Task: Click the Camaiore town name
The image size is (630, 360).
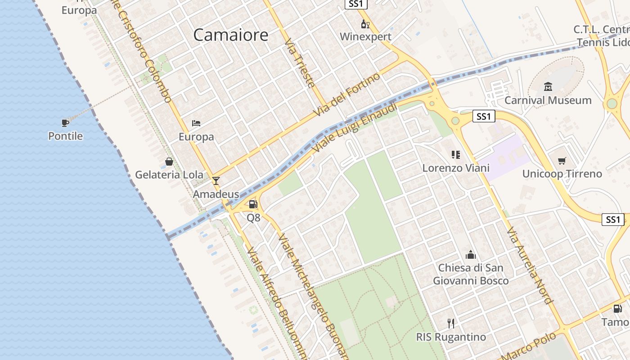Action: (x=230, y=35)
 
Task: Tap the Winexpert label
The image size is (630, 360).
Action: (x=365, y=36)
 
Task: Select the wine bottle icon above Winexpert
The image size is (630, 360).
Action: (x=365, y=24)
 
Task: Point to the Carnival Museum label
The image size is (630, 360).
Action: (x=548, y=100)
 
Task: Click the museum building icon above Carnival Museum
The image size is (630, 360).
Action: (x=548, y=86)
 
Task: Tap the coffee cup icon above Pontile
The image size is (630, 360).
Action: (x=65, y=122)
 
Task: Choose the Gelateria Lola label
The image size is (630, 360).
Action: (x=169, y=175)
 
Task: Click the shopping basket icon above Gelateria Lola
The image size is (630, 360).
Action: (x=169, y=162)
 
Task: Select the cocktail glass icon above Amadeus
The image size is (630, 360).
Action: (x=216, y=181)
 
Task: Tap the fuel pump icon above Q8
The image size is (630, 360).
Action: (x=253, y=205)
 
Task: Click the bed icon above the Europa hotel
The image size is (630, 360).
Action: (x=196, y=123)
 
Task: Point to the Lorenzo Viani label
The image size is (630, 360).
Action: (x=455, y=168)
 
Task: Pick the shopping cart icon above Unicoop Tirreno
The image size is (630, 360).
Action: (x=562, y=161)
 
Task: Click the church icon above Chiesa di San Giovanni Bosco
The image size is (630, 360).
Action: (x=471, y=255)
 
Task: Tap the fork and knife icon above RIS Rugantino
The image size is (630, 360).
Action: (x=451, y=323)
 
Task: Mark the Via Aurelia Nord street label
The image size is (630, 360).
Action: (x=529, y=265)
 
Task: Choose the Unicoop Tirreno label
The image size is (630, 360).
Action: (x=562, y=174)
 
